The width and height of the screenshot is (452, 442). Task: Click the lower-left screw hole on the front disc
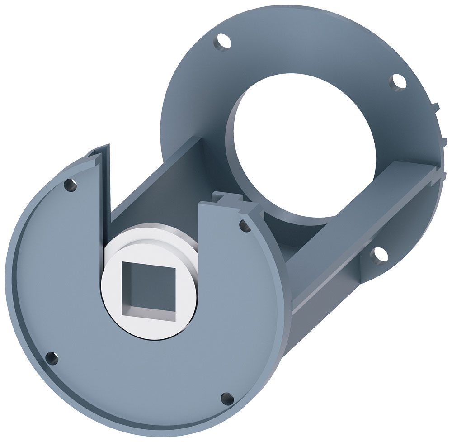pyautogui.click(x=52, y=358)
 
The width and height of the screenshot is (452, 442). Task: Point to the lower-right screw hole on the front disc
pyautogui.click(x=227, y=399)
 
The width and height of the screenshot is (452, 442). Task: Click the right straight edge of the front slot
pyautogui.click(x=199, y=235)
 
